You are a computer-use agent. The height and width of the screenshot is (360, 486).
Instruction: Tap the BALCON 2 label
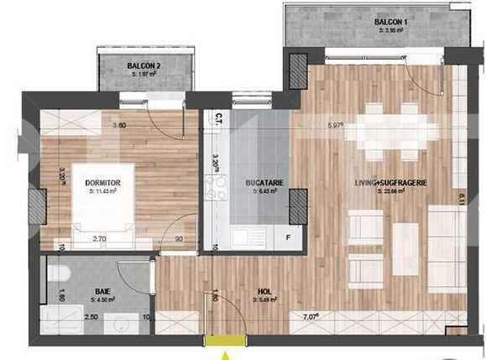pyautogui.click(x=145, y=66)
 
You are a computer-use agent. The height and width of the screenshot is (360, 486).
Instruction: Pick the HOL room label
pyautogui.click(x=265, y=293)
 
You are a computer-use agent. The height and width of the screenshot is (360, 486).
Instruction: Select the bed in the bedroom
pyautogui.click(x=104, y=206)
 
